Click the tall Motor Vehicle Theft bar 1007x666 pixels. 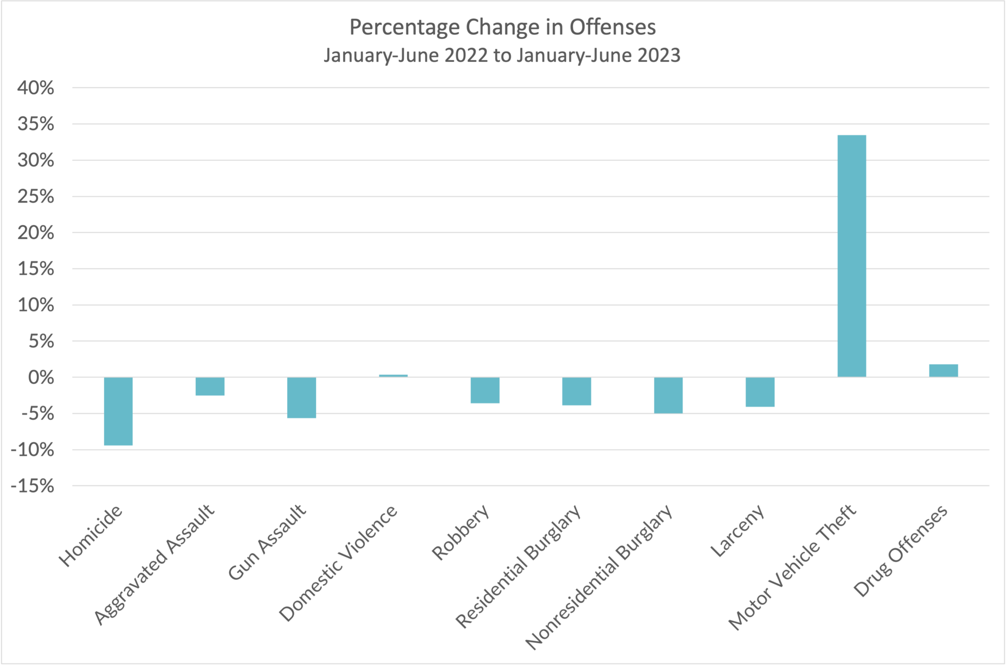click(852, 256)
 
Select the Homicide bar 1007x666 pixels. click(118, 411)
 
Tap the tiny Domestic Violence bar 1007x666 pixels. click(393, 376)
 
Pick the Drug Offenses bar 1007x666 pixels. click(943, 371)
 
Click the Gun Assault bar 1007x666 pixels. click(301, 397)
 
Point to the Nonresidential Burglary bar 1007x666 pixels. click(668, 395)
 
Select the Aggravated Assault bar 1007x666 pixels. click(210, 386)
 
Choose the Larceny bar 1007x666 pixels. click(760, 392)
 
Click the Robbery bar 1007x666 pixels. click(485, 390)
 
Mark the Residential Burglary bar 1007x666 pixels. click(576, 391)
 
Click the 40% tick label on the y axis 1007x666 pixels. click(35, 88)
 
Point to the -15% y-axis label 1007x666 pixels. click(32, 486)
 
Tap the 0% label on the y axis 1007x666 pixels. click(41, 377)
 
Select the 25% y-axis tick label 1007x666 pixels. click(35, 197)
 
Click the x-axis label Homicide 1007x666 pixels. click(90, 536)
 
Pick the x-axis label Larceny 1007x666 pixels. click(738, 531)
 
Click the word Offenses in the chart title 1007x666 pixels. click(612, 27)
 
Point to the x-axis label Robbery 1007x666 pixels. click(461, 532)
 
